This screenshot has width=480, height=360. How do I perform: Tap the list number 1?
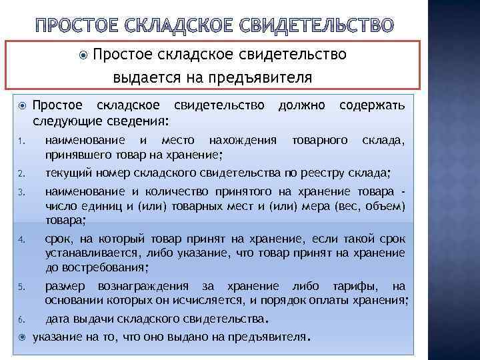tap(21, 141)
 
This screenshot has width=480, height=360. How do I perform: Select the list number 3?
tap(21, 194)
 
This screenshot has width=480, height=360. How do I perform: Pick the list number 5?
tap(21, 287)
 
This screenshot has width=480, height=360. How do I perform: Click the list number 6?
tap(21, 318)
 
